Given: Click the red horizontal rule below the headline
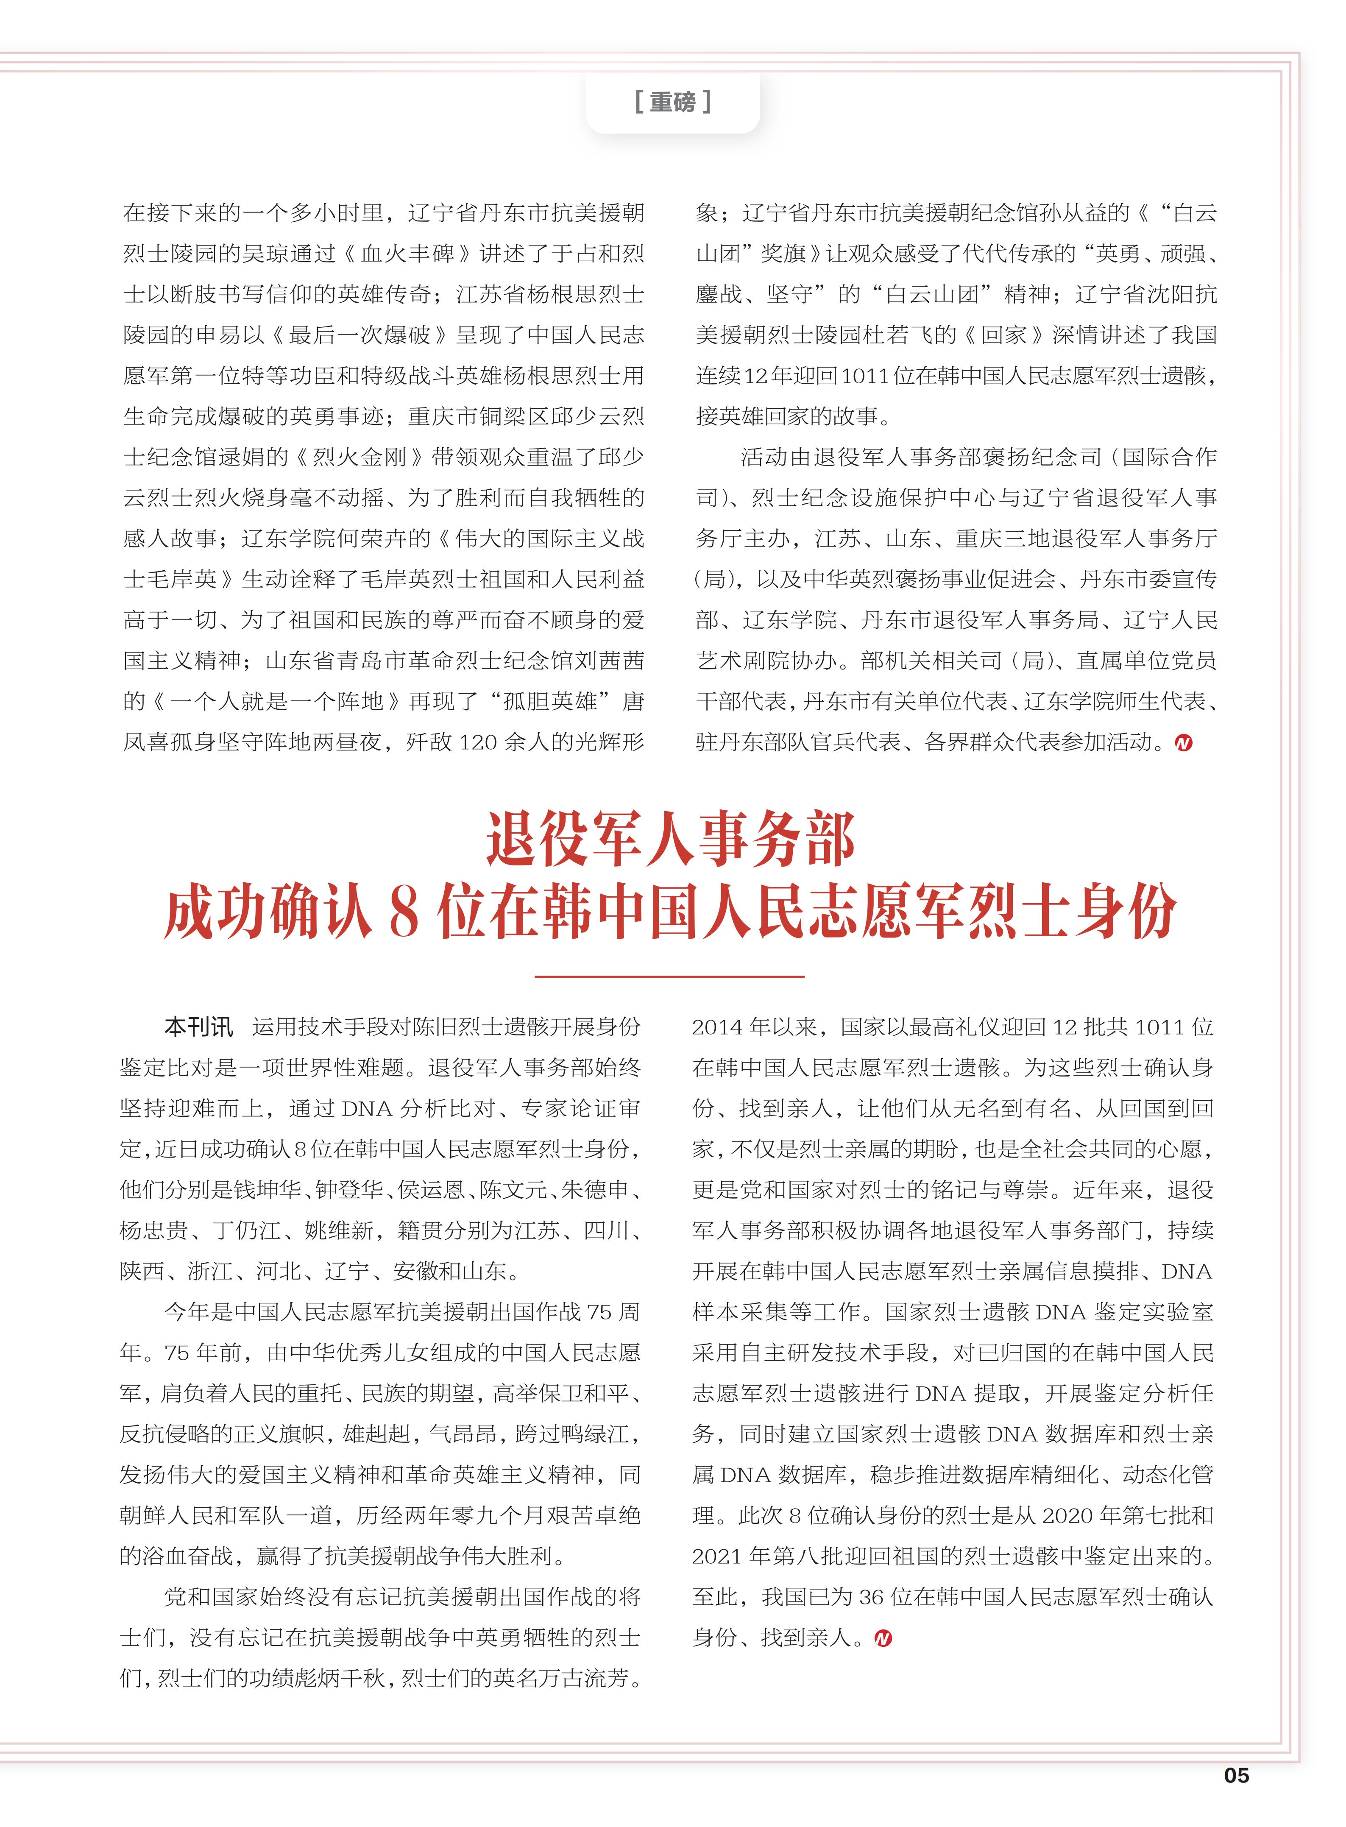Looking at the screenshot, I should pyautogui.click(x=670, y=976).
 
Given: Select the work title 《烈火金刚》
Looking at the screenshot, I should pyautogui.click(x=359, y=457).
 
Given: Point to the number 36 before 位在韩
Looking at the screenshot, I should pyautogui.click(x=871, y=1597).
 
